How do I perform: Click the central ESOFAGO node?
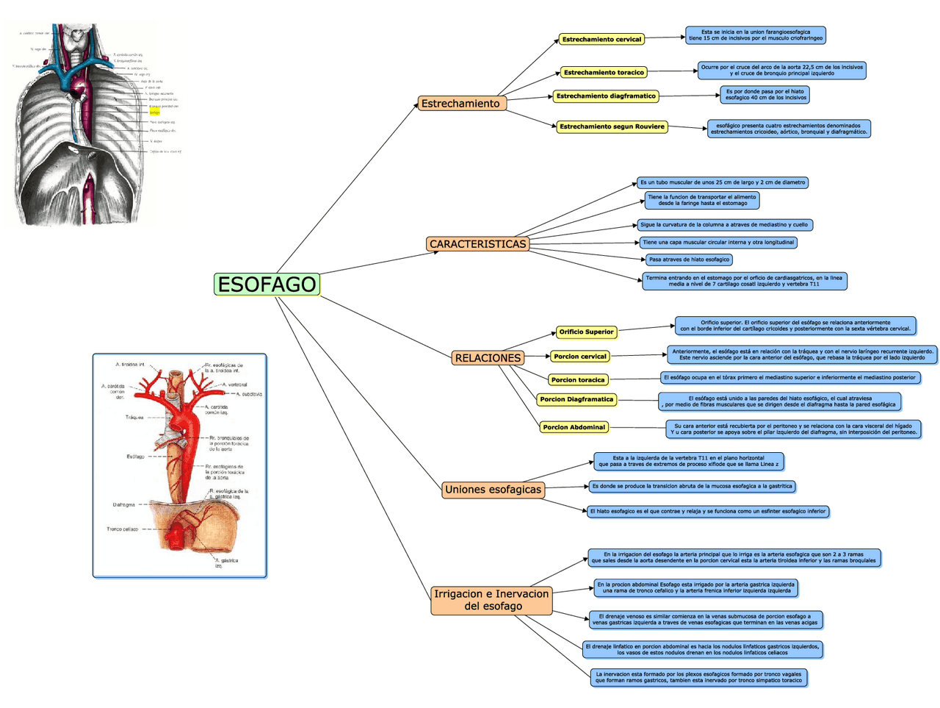click(267, 285)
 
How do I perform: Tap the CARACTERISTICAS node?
click(477, 244)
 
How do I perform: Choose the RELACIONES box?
click(488, 358)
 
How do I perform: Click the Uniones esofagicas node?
click(493, 490)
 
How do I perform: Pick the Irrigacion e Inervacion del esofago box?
click(491, 600)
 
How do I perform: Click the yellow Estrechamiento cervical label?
click(601, 40)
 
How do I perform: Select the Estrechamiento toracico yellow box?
click(604, 73)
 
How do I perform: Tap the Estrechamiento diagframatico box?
click(606, 96)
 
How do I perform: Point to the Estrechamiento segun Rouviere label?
click(612, 126)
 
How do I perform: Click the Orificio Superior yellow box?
click(586, 332)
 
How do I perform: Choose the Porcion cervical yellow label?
click(580, 357)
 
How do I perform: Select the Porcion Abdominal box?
click(574, 427)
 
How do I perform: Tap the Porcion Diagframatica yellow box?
click(576, 400)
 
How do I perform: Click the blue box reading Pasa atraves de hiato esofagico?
click(689, 260)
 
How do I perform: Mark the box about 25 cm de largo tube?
click(723, 182)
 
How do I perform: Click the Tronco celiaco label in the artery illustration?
click(123, 529)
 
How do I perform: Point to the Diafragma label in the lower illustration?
click(124, 505)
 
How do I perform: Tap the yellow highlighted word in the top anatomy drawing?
click(154, 112)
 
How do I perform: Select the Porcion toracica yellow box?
click(578, 380)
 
